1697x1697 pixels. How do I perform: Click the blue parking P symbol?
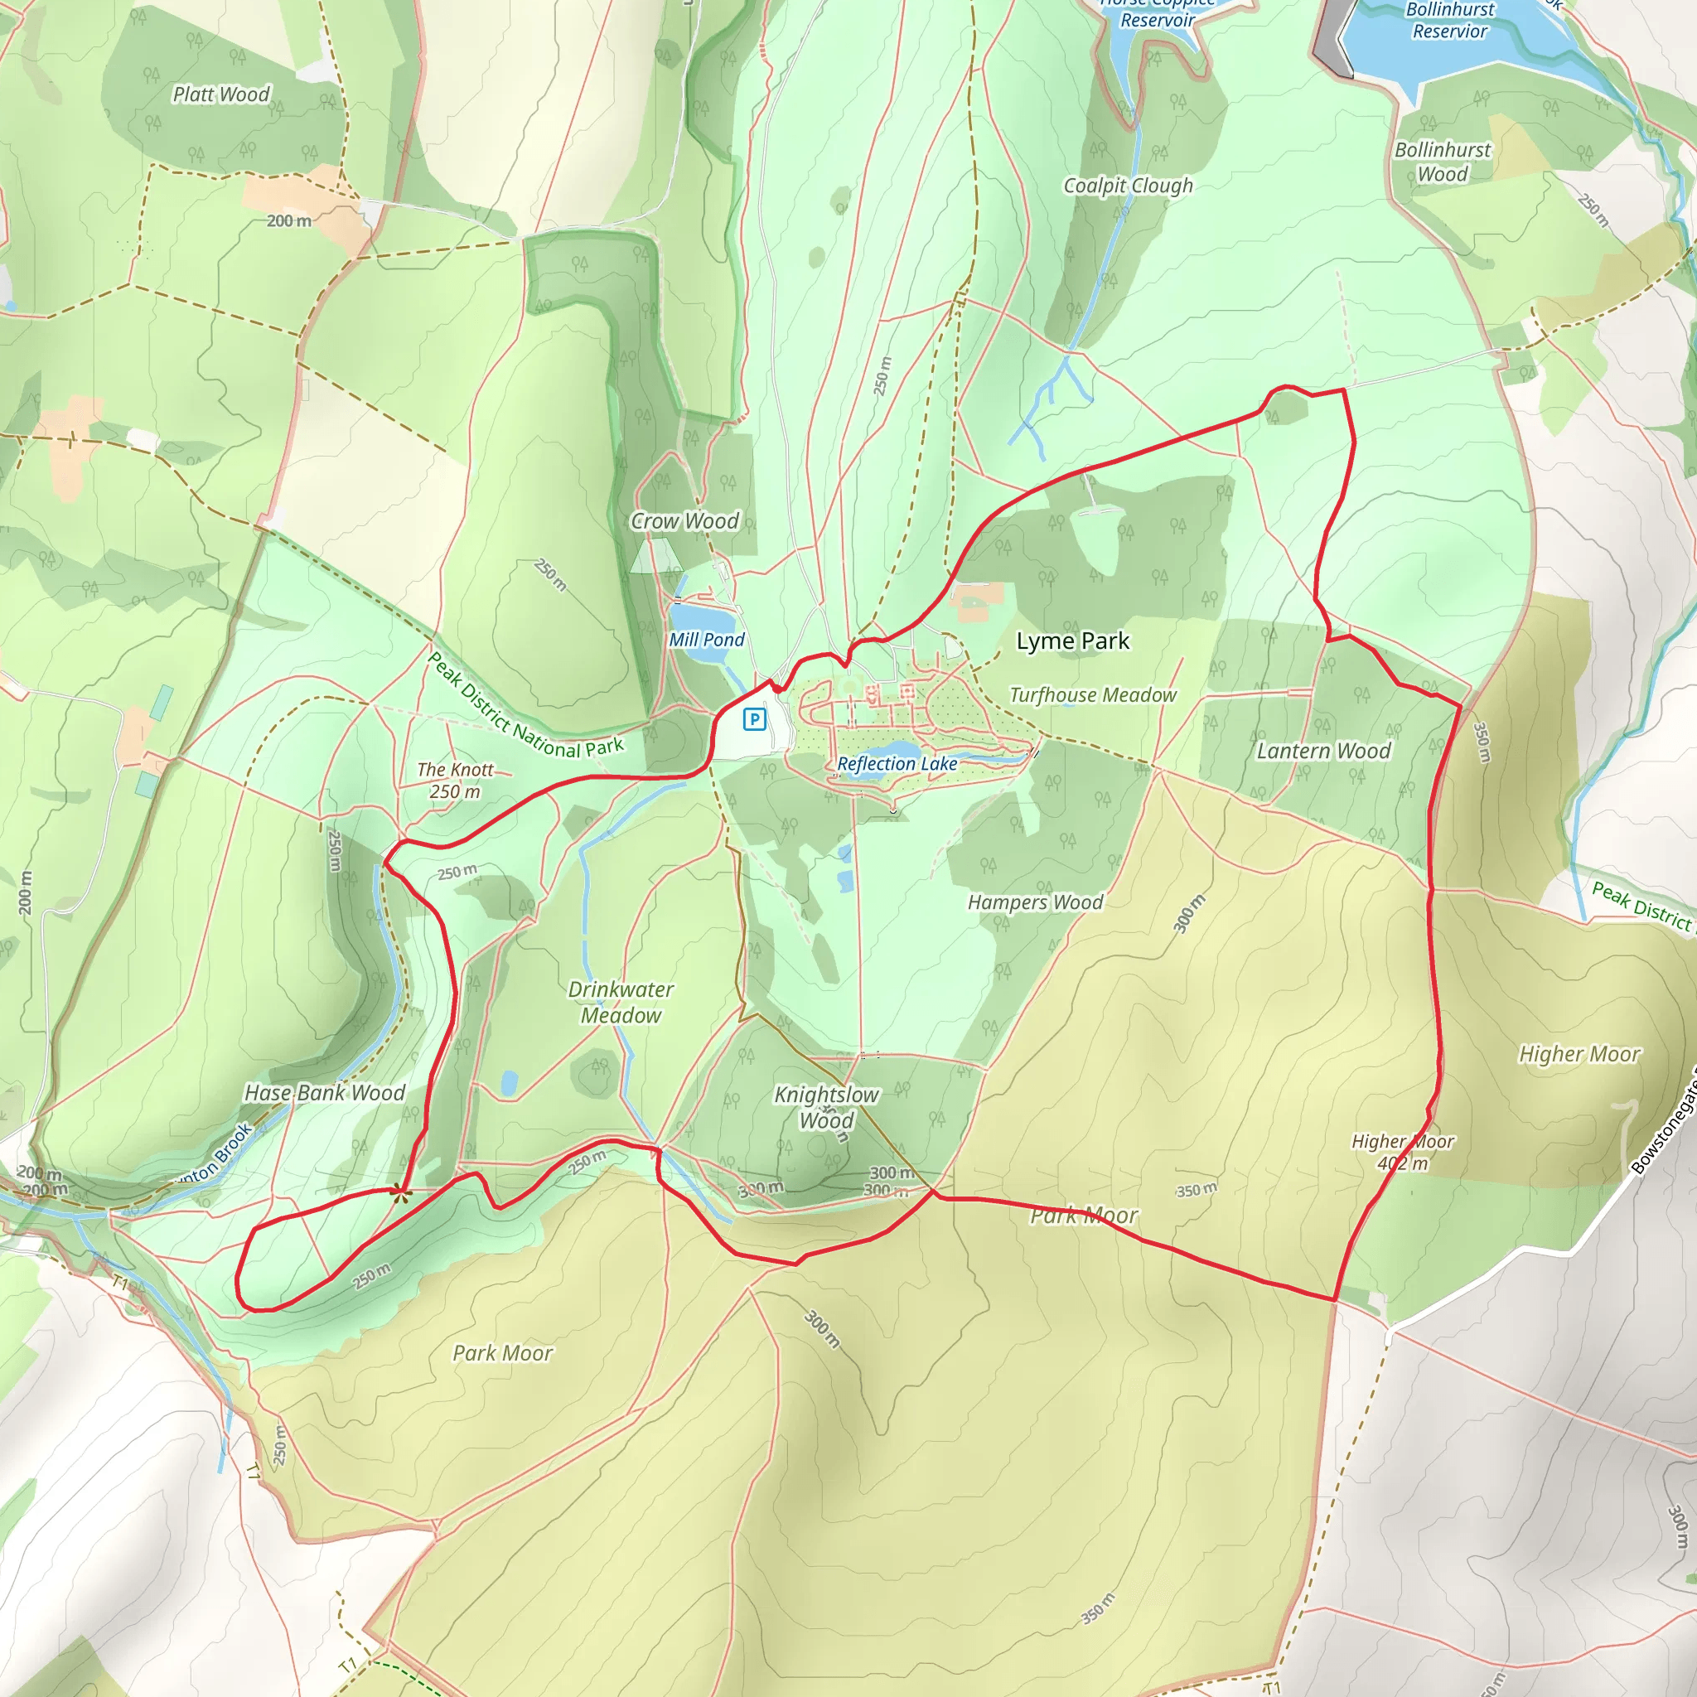point(754,719)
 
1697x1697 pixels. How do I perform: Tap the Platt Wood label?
point(221,94)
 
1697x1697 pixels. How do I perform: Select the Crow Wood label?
point(685,521)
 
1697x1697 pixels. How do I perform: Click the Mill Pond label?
point(706,640)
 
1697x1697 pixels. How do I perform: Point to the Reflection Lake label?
point(897,763)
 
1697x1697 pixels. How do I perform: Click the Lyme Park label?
point(1072,641)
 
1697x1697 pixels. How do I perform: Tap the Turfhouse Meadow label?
point(1093,694)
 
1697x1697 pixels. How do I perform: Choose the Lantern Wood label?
point(1322,750)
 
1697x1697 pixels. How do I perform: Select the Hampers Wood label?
point(1035,902)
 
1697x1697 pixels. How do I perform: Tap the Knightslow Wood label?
point(825,1107)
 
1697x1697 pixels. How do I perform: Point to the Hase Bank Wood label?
point(324,1093)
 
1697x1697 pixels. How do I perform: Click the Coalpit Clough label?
point(1128,186)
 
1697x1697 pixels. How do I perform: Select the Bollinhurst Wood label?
point(1443,162)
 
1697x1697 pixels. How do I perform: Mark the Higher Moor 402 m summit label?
point(1403,1152)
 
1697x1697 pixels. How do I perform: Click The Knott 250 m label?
point(455,780)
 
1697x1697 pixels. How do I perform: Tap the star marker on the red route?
point(400,1191)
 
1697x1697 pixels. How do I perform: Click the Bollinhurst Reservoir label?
point(1449,20)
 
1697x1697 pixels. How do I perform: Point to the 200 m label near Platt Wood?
point(289,220)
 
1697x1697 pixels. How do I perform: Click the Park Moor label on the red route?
point(1084,1216)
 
